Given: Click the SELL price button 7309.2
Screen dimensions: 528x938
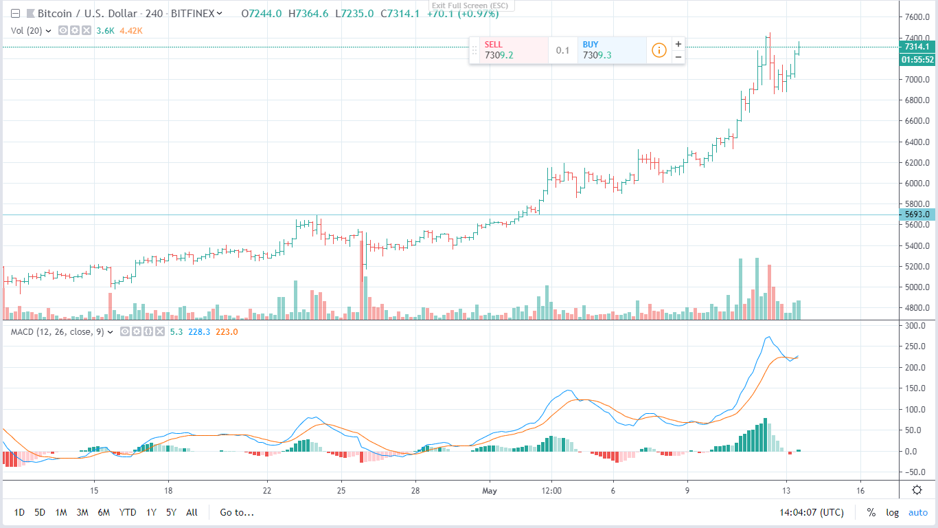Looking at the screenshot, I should [x=508, y=50].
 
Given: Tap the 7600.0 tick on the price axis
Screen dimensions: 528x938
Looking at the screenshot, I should [x=915, y=17].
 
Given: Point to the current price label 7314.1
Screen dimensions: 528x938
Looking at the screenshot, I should [x=917, y=47].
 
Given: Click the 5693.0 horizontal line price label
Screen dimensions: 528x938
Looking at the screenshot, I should [x=917, y=214].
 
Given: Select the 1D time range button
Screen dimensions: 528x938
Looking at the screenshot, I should [x=19, y=512].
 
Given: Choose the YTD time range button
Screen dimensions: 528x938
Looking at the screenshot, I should [x=127, y=512].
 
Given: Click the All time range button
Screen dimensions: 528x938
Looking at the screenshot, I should [x=192, y=512].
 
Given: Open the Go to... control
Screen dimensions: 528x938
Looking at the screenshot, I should [x=237, y=512].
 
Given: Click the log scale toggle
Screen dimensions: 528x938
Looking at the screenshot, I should [x=892, y=512].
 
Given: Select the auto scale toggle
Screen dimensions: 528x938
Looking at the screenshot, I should [x=918, y=512].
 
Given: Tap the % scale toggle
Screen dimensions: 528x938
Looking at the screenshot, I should [x=871, y=512].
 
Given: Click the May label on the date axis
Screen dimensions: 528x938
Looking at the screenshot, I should [x=489, y=491].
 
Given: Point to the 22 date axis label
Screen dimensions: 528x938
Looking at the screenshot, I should [x=267, y=491].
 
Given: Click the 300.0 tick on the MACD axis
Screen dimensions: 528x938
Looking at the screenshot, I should [x=915, y=325].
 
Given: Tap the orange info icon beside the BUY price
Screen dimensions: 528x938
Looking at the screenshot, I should [x=659, y=50].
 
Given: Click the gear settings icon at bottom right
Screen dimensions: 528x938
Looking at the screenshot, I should [x=917, y=490].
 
